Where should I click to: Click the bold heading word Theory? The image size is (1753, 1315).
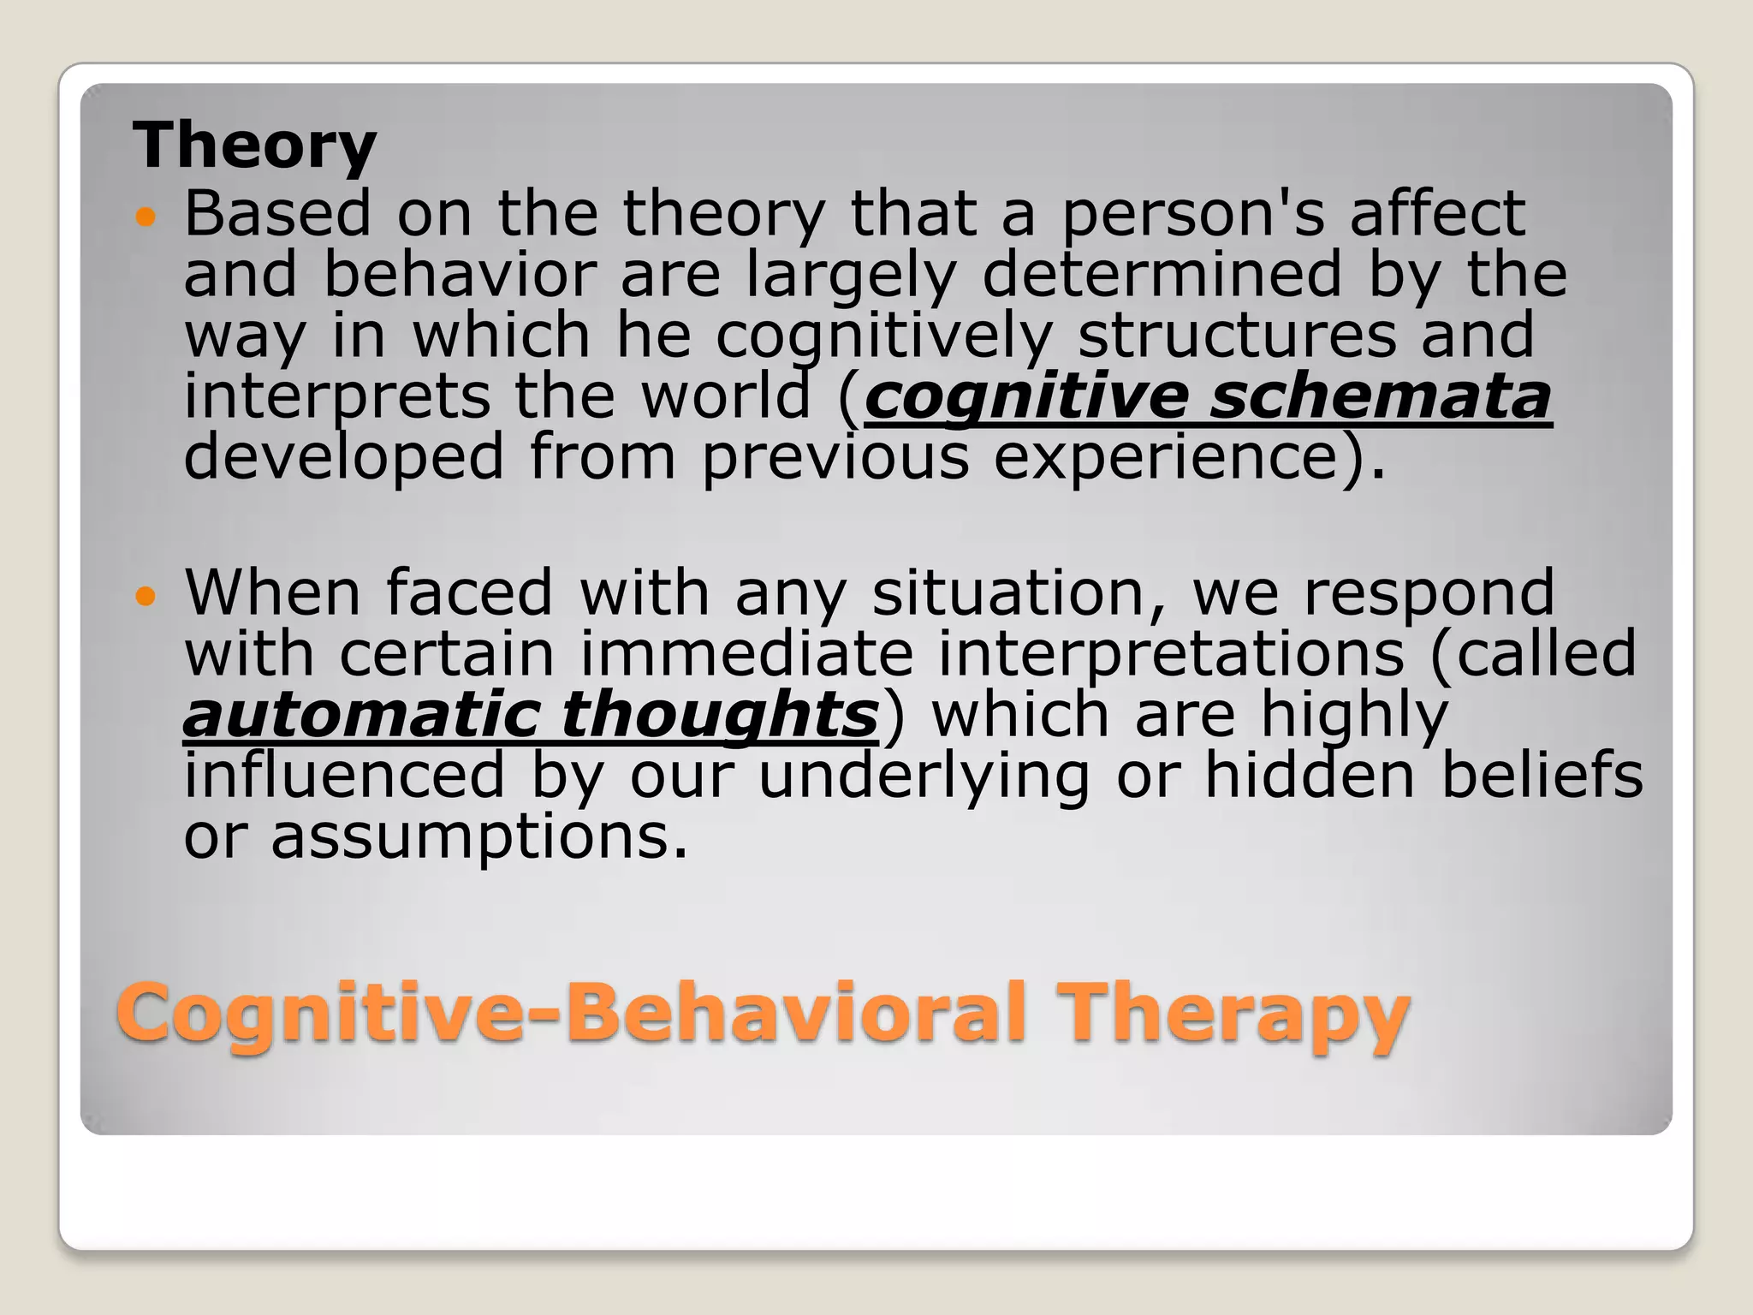coord(254,146)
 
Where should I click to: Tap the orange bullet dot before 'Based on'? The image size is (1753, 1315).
coord(146,217)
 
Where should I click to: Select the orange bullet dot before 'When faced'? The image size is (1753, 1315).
coord(146,596)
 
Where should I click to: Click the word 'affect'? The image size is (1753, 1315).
coord(1437,214)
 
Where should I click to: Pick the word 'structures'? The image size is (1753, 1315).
coord(1237,336)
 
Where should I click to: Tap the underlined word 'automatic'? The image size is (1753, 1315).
coord(363,714)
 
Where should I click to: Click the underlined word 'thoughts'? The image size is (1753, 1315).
coord(720,716)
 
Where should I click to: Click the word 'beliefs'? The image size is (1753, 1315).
coord(1542,775)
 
